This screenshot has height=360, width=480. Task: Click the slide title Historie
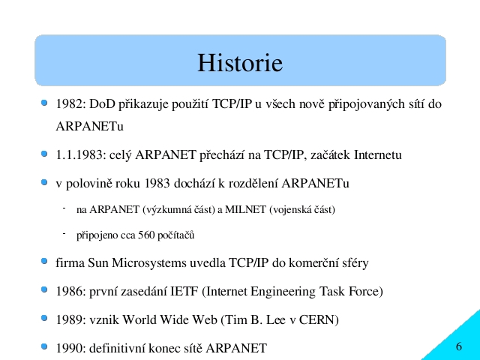point(240,63)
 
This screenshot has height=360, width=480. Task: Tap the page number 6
point(458,346)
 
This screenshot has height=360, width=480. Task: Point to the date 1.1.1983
point(79,155)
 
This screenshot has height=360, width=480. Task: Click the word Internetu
point(378,155)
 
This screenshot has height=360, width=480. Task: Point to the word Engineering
point(283,292)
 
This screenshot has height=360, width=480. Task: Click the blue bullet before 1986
point(44,289)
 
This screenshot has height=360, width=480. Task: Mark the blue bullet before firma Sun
point(44,261)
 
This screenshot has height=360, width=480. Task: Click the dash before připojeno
point(64,233)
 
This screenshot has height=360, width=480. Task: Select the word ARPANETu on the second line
point(90,127)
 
